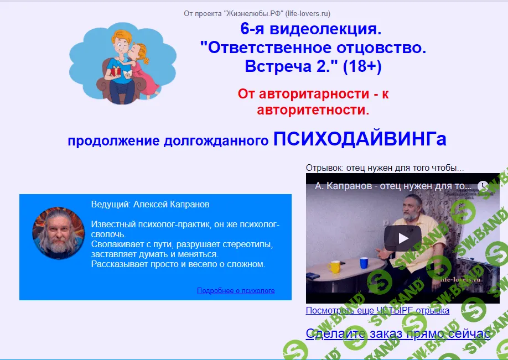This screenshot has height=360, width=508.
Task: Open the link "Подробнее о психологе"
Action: click(236, 290)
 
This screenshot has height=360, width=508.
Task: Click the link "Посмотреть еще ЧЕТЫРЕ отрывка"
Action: click(377, 310)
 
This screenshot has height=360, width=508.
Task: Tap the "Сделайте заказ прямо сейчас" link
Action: click(398, 333)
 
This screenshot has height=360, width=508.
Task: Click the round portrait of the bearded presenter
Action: click(54, 233)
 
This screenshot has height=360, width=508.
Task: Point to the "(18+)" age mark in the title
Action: click(362, 66)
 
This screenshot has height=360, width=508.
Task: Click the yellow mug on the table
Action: click(334, 267)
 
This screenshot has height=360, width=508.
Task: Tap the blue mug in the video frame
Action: click(364, 262)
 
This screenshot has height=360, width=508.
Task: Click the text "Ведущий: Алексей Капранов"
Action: click(150, 205)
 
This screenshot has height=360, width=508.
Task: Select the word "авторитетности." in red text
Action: click(313, 110)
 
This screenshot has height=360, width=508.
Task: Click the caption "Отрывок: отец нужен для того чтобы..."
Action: click(385, 168)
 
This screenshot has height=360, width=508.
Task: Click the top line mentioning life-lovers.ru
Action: click(257, 13)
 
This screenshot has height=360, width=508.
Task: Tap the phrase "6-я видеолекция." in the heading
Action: click(310, 28)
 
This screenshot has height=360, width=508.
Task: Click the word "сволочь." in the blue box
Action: click(107, 234)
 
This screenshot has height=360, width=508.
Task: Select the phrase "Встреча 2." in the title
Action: click(291, 66)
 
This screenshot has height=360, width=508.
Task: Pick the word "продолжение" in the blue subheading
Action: click(113, 140)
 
